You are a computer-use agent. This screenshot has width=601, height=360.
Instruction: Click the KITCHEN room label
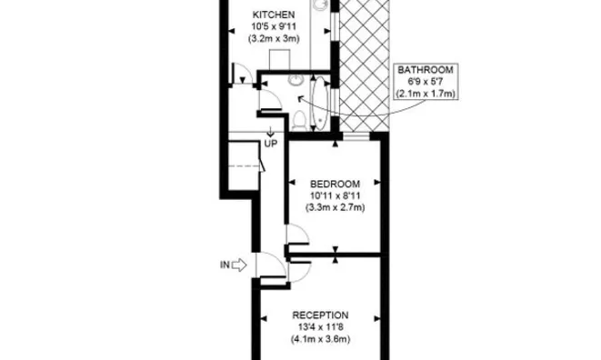(274, 15)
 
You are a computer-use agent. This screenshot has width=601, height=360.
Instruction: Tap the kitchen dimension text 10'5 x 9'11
(274, 27)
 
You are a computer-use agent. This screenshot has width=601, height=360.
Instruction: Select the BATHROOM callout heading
(426, 70)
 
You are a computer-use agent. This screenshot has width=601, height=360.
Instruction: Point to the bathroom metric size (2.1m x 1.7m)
(426, 94)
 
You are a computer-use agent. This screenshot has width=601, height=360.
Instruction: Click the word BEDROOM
(335, 184)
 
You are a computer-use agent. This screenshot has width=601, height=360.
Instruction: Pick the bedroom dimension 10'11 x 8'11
(335, 196)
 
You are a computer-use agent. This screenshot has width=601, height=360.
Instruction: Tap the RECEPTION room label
(320, 315)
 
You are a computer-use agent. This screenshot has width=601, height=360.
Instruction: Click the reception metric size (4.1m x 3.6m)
(320, 339)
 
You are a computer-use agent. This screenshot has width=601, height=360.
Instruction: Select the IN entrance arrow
(239, 265)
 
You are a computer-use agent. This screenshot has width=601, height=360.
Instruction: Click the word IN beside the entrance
(225, 265)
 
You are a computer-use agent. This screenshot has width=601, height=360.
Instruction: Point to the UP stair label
(271, 144)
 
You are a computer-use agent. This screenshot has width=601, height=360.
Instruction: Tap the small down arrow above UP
(270, 132)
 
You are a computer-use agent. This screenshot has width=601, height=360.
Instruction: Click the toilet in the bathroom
(299, 120)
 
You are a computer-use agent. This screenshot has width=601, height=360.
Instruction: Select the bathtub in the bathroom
(320, 103)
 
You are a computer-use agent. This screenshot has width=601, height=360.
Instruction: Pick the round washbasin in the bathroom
(295, 80)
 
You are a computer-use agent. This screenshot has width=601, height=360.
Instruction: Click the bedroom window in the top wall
(356, 135)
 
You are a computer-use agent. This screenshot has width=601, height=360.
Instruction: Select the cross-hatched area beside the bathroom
(364, 65)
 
